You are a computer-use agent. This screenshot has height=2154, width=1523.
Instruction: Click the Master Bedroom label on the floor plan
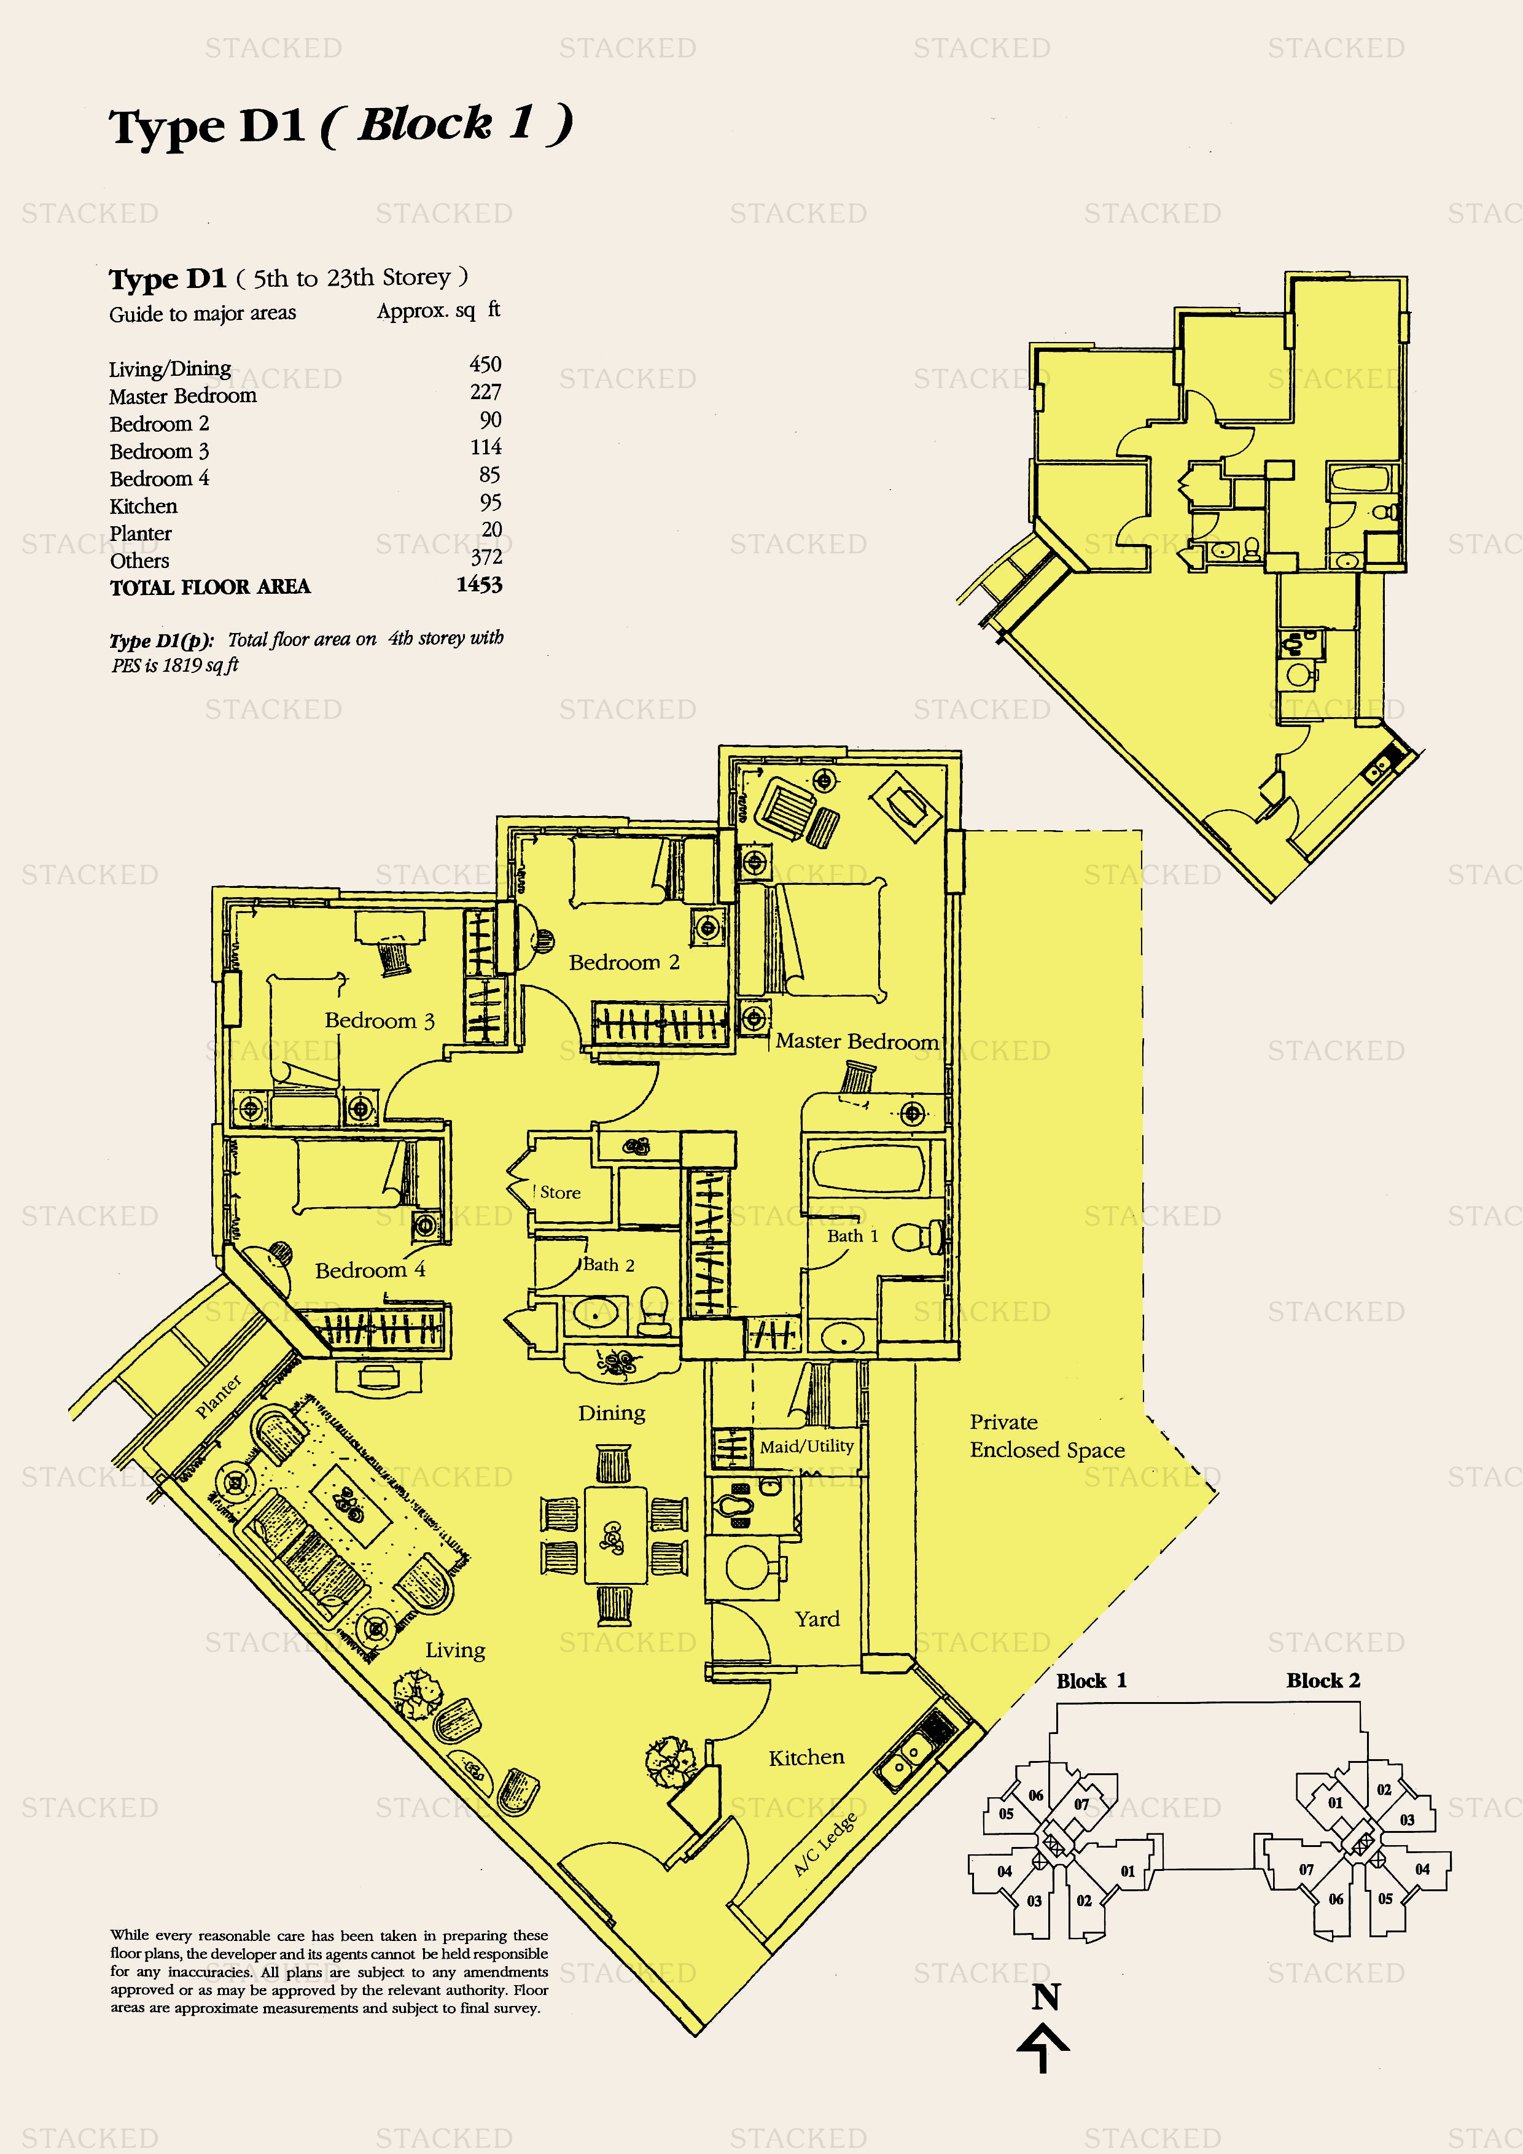(857, 1041)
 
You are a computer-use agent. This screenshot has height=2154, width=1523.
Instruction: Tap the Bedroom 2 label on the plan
(624, 963)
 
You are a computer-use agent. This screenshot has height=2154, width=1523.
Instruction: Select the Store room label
(560, 1192)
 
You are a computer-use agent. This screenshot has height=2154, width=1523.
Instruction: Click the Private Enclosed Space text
(1047, 1436)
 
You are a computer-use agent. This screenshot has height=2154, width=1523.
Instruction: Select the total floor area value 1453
(480, 585)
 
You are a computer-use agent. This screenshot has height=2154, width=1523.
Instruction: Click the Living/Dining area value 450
(485, 364)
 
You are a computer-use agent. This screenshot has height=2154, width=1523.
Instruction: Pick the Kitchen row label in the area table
(144, 507)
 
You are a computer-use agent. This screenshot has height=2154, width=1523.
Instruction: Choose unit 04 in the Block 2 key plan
(1423, 1869)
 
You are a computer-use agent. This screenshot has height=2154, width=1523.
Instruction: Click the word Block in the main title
(425, 124)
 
